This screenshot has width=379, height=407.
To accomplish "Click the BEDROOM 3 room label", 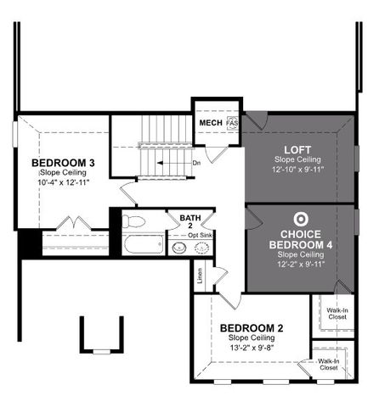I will tap(64, 163).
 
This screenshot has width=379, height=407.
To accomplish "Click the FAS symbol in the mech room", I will tap(232, 124).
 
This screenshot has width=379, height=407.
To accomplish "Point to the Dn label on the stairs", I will tap(196, 163).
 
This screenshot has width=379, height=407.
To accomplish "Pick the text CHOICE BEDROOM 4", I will tap(300, 238).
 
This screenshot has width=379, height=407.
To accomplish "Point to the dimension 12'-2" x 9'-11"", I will tap(300, 264).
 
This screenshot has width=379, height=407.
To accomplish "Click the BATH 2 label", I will tap(191, 222).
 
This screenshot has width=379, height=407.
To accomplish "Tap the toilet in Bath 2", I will tap(132, 222).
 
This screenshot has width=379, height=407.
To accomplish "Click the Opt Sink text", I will tap(201, 234).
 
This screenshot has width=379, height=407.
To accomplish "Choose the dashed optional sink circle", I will tap(202, 248).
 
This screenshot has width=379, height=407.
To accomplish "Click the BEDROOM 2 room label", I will tap(251, 328).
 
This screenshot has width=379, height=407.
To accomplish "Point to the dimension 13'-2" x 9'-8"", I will tap(251, 348).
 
